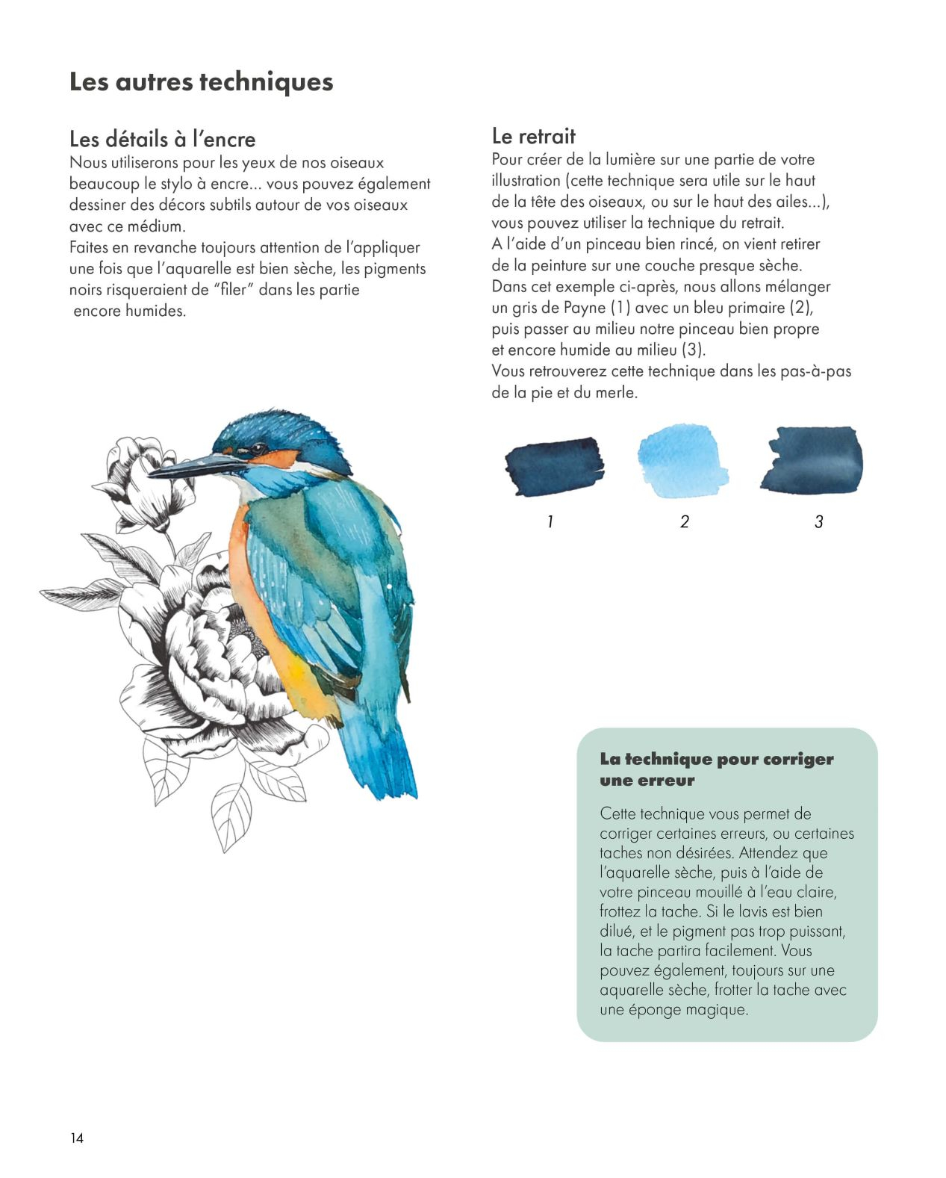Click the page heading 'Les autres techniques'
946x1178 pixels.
(x=201, y=81)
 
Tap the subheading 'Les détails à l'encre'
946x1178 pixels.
(x=162, y=139)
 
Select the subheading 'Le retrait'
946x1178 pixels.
(x=533, y=136)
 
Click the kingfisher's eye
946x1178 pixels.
(x=257, y=448)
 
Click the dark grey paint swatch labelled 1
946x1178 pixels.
(x=553, y=466)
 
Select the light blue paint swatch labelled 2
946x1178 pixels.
(x=682, y=461)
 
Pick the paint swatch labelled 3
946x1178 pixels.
(x=812, y=460)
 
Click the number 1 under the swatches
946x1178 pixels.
(x=550, y=521)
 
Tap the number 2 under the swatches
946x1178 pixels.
(x=684, y=521)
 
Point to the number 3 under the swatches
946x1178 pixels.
(x=818, y=521)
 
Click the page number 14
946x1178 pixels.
(x=77, y=1138)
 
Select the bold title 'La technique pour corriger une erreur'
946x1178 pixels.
(x=716, y=769)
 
